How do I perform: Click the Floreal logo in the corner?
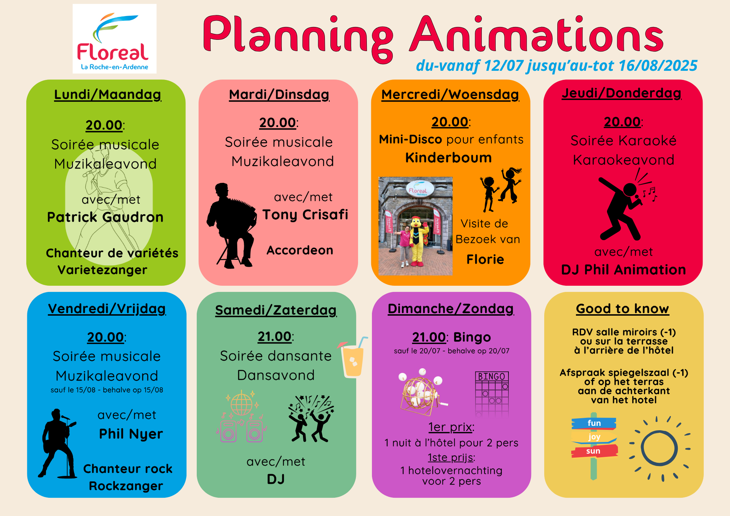115,39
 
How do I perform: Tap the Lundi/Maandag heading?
108,95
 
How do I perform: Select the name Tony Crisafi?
305,215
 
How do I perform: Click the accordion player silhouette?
231,226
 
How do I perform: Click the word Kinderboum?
449,158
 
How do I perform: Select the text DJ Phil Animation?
623,270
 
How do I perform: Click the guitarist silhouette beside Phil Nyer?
57,443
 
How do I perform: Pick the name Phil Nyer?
131,434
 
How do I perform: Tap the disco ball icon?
241,403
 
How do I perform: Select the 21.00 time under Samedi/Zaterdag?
275,336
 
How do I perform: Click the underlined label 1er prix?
450,427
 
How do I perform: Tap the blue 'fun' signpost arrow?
594,423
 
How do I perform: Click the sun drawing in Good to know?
659,448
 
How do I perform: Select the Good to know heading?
622,309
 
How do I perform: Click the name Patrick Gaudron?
105,217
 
